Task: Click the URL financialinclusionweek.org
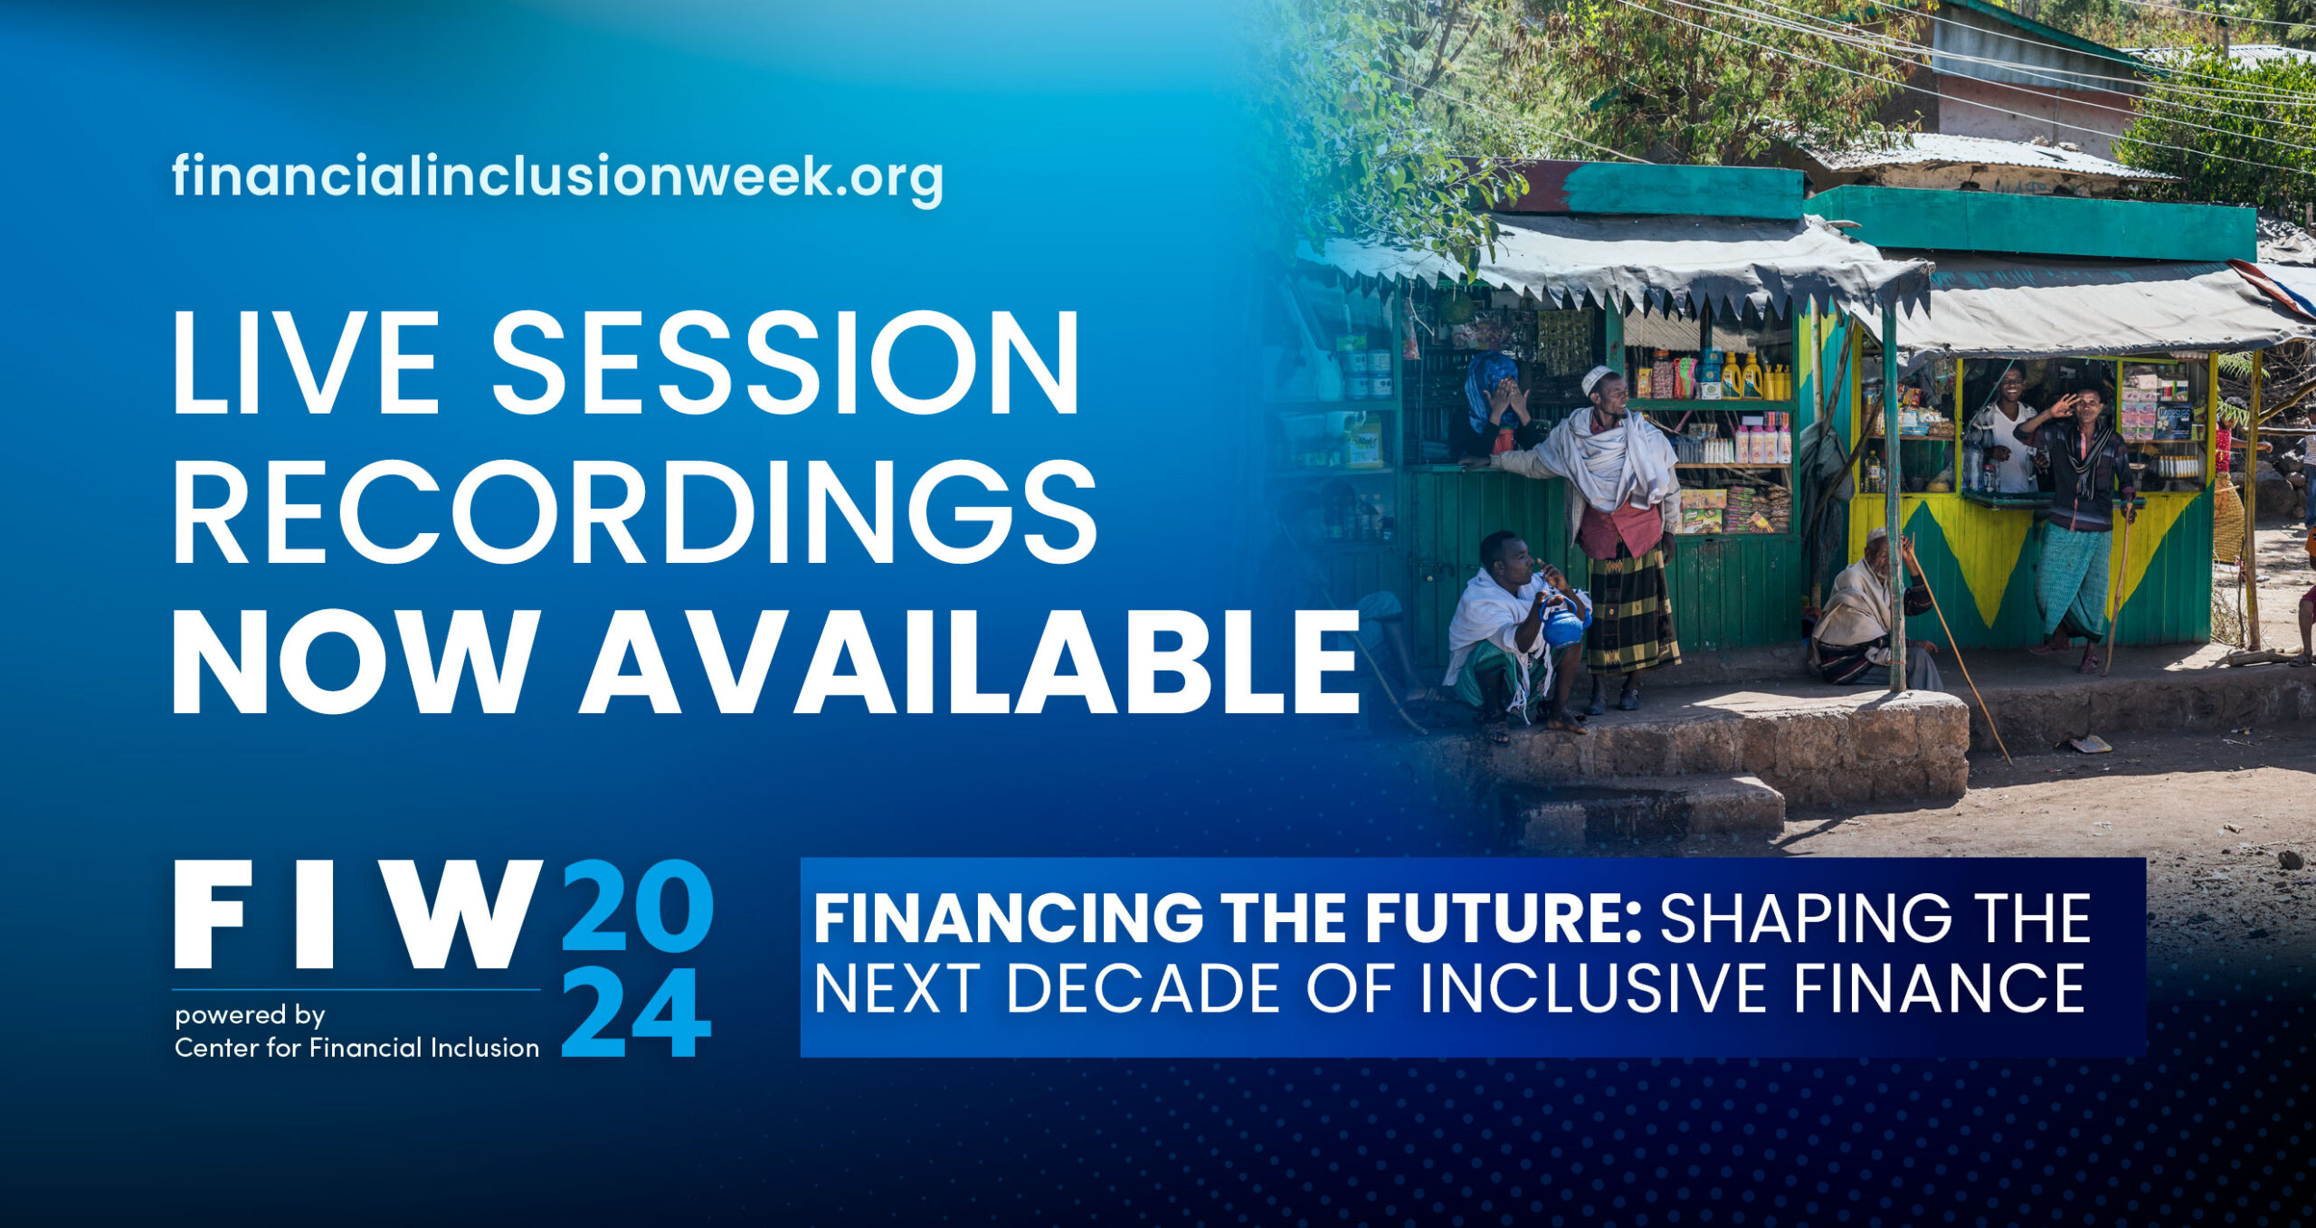(556, 177)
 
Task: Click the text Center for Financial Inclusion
(356, 1048)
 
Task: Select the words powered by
(250, 1015)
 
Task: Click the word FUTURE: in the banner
(1503, 919)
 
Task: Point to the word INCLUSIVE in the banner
(1593, 988)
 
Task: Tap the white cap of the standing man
(1597, 377)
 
